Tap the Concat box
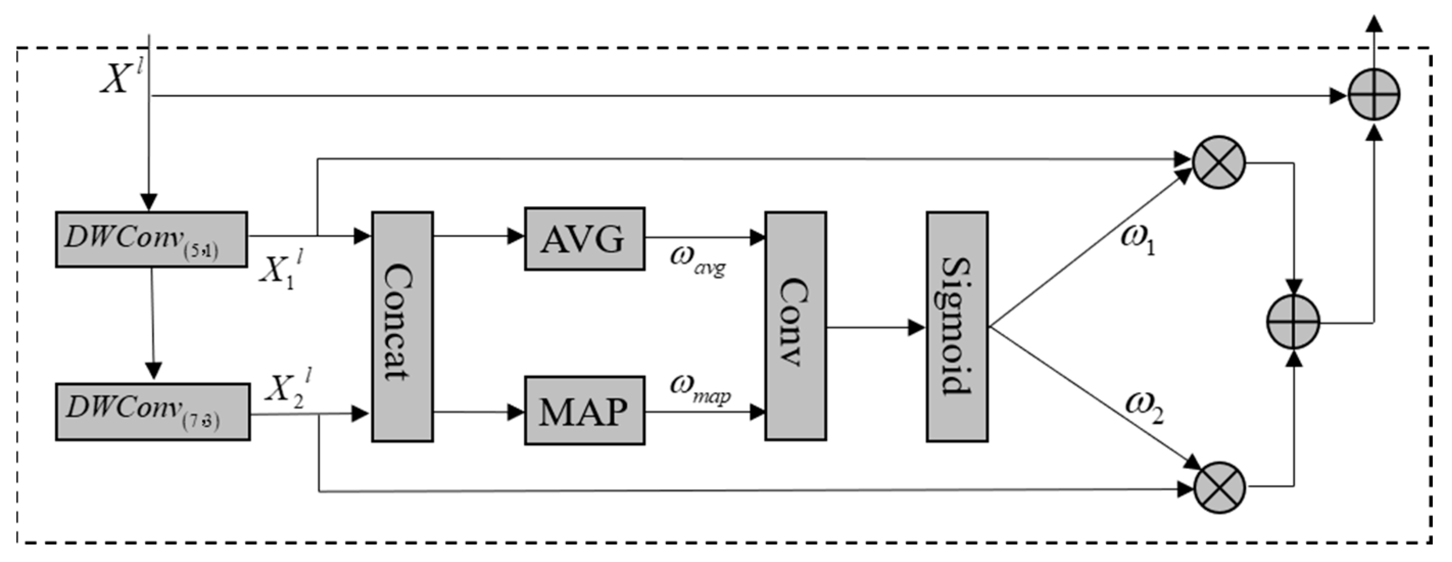click(402, 326)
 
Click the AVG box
click(585, 239)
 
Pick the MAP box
click(585, 411)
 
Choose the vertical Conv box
click(795, 326)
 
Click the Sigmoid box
click(957, 326)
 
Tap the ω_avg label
click(697, 260)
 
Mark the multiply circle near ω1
click(1218, 162)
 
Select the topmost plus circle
click(1374, 94)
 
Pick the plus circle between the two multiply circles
click(1293, 322)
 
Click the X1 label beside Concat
click(281, 271)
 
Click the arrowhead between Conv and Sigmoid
click(916, 328)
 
